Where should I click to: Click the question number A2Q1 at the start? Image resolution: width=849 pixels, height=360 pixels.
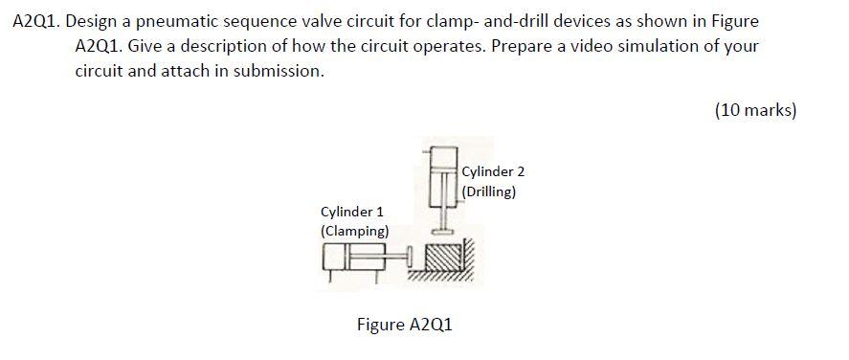37,21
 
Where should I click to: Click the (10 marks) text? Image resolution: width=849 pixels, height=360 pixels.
754,110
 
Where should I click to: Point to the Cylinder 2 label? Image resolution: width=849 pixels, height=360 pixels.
493,171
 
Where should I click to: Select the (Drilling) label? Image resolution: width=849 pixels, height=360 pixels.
489,191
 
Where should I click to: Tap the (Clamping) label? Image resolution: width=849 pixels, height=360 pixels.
354,232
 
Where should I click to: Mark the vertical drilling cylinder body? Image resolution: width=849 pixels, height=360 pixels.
440,182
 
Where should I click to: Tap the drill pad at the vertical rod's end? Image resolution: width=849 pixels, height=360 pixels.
441,231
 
